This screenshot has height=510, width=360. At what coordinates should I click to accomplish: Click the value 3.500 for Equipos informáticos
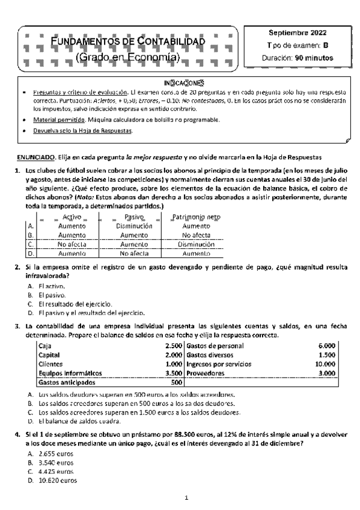[173, 373]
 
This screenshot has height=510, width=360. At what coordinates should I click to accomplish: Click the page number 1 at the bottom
[186, 498]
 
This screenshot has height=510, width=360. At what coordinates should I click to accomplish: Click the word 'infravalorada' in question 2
[41, 275]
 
